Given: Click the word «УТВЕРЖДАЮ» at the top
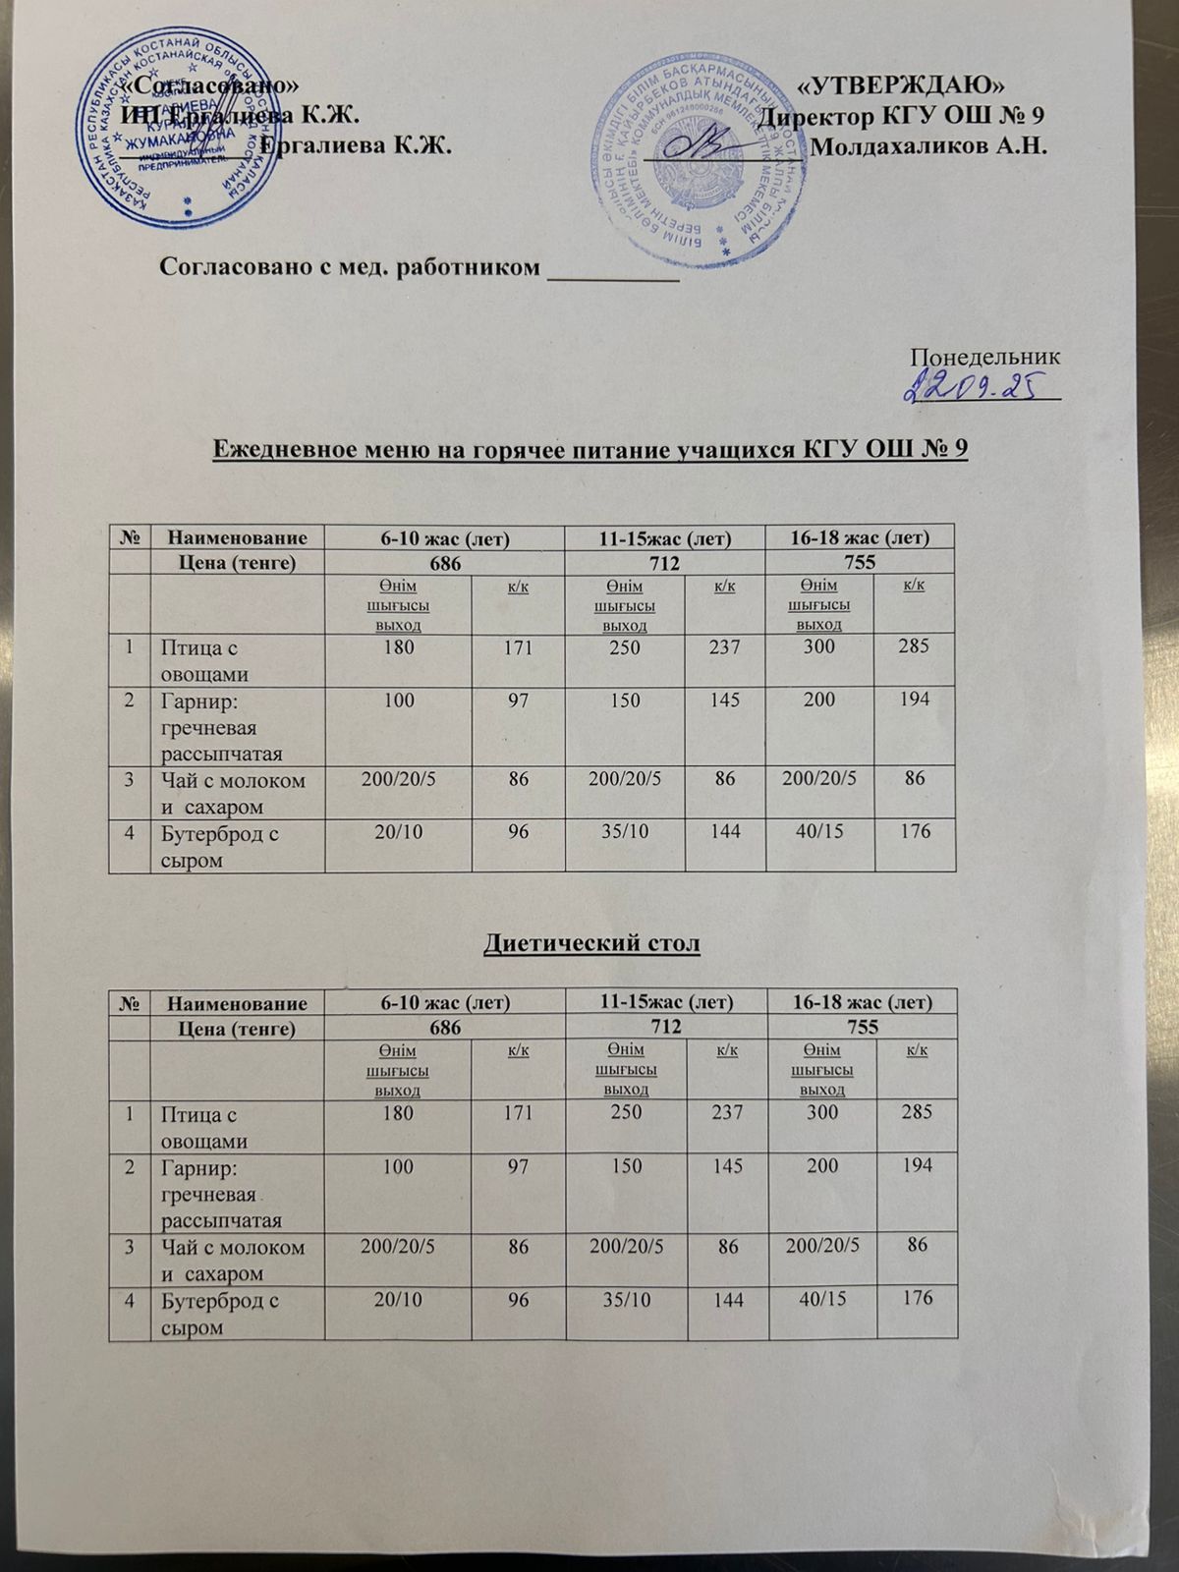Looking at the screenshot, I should point(902,84).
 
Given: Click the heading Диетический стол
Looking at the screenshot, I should point(591,944).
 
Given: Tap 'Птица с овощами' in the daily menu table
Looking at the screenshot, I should point(201,661).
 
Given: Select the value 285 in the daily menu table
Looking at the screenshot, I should point(913,647).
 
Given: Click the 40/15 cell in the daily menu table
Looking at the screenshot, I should point(818,831).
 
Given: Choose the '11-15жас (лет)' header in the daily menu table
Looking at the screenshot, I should point(665,536).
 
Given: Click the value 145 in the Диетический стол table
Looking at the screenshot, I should point(724,1166).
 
